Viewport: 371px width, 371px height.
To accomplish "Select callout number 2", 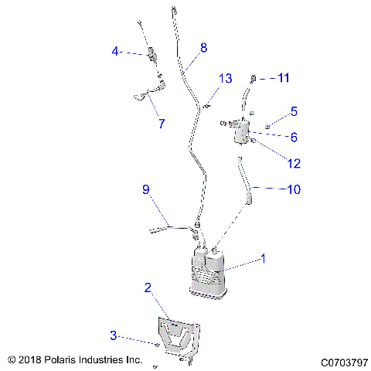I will click(x=147, y=288).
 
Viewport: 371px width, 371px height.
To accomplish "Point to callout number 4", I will click(x=115, y=52).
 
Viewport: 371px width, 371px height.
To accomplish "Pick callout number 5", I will click(x=294, y=111).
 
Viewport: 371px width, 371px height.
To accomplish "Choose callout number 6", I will click(x=294, y=137).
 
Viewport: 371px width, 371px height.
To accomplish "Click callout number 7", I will click(x=161, y=123).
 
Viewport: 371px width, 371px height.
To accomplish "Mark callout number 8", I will click(x=203, y=48).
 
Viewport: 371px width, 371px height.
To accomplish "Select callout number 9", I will click(x=145, y=189).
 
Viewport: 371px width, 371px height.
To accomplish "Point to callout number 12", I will click(x=294, y=163).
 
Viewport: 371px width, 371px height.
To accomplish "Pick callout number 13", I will click(x=225, y=79).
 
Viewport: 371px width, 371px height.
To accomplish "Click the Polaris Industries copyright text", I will click(x=75, y=359).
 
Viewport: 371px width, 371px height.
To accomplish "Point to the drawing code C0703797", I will click(x=342, y=360).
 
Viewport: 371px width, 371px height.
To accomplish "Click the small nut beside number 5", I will click(x=266, y=125).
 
